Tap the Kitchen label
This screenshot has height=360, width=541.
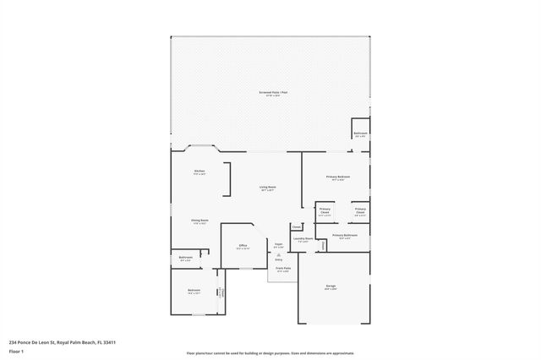click(199, 172)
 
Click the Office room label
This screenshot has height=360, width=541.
click(243, 247)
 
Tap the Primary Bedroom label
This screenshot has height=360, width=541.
click(338, 177)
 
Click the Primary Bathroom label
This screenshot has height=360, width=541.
click(344, 236)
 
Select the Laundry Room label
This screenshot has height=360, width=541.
click(303, 239)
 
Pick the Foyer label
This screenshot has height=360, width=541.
click(278, 245)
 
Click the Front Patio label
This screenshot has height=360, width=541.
click(281, 269)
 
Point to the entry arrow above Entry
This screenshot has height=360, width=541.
click(278, 254)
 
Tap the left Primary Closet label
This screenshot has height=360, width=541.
click(325, 211)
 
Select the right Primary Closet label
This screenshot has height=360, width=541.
click(360, 211)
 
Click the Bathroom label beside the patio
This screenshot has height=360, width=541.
click(360, 134)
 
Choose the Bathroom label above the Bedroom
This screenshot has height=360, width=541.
click(185, 258)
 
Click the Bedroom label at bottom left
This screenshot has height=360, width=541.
click(194, 292)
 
